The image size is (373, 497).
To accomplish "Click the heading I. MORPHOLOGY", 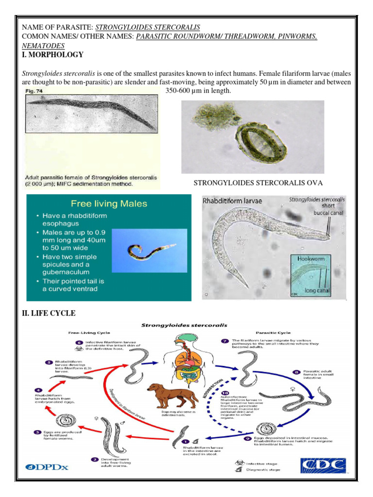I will pyautogui.click(x=53, y=55).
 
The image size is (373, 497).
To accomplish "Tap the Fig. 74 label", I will pyautogui.click(x=35, y=91).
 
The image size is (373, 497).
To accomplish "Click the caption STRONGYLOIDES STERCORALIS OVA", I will pyautogui.click(x=258, y=182).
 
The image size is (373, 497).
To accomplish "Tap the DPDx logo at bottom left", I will pyautogui.click(x=46, y=467).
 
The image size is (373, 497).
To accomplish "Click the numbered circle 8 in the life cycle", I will pyautogui.click(x=296, y=372).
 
